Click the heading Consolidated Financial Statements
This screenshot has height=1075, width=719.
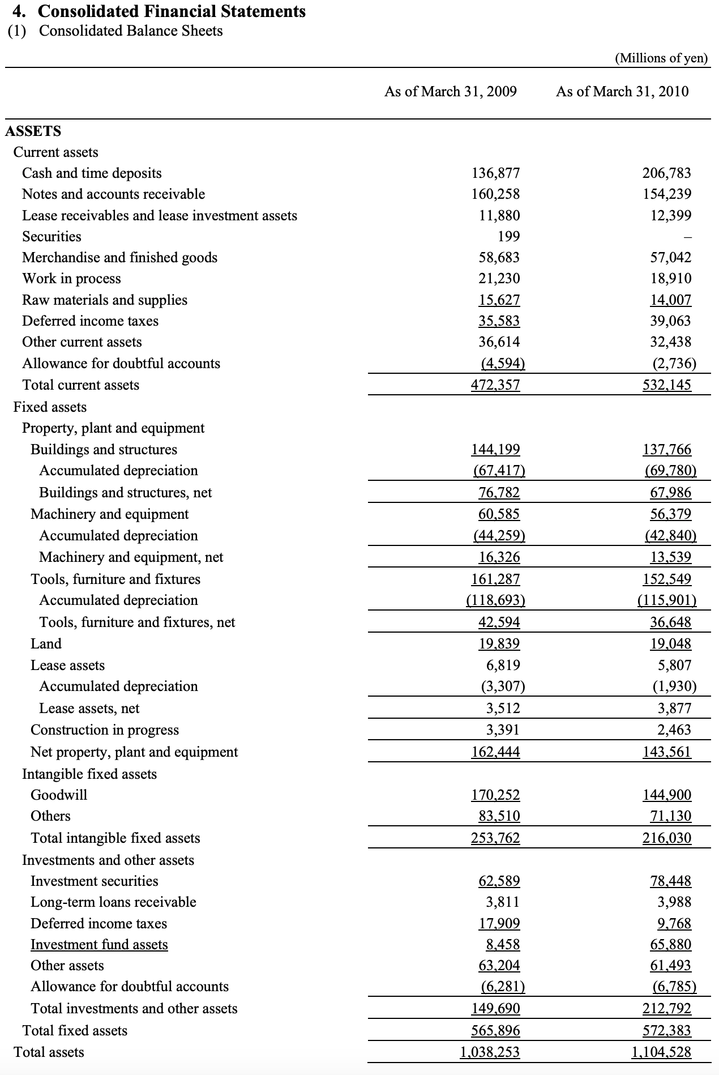tap(171, 11)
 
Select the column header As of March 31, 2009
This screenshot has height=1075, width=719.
tap(450, 92)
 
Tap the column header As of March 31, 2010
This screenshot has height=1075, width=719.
tap(622, 92)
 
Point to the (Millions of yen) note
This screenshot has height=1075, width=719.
tap(661, 58)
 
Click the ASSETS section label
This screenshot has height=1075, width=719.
tap(33, 131)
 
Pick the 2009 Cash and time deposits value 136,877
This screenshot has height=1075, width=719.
tap(495, 173)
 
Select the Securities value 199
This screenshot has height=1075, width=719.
tap(508, 236)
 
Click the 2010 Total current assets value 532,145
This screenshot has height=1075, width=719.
tap(666, 385)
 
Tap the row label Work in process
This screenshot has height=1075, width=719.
tap(71, 279)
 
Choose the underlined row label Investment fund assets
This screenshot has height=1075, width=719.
tap(99, 944)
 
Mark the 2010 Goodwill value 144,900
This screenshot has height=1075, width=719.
tap(666, 795)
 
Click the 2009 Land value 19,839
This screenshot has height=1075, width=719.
tap(495, 643)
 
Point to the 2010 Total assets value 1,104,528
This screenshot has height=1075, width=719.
tap(661, 1052)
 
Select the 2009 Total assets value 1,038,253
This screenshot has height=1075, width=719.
tap(490, 1052)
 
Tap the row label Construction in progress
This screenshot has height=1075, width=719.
tap(105, 730)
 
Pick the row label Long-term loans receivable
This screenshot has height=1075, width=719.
tap(113, 902)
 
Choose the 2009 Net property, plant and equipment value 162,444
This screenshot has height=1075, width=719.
tap(495, 752)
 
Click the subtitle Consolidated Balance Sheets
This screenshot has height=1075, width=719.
tap(130, 31)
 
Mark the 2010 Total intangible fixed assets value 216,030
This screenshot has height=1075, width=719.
tap(666, 838)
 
